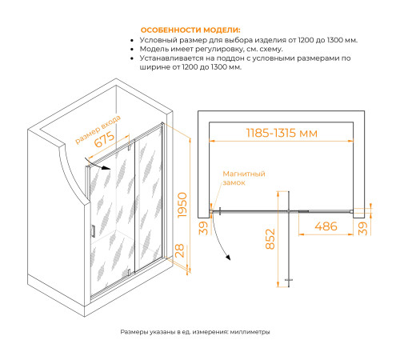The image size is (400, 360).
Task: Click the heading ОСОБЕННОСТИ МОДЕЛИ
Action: [x=190, y=30]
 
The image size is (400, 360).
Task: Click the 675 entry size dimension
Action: [x=105, y=139]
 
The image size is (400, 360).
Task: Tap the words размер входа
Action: [x=98, y=129]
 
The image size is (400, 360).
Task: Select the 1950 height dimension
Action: [x=182, y=205]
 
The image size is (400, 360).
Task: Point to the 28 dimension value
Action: [x=180, y=250]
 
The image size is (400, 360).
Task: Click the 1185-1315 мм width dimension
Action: [x=282, y=133]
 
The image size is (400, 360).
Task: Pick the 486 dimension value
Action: [x=326, y=226]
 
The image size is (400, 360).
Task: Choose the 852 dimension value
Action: [x=270, y=239]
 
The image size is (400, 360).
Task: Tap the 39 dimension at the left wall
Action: [x=204, y=228]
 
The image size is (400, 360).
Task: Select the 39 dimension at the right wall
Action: [x=362, y=229]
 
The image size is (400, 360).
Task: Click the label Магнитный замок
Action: [x=244, y=178]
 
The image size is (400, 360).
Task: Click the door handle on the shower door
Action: [x=93, y=231]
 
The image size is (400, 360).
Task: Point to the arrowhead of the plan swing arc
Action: [x=228, y=257]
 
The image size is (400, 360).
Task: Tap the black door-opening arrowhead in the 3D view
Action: [x=106, y=168]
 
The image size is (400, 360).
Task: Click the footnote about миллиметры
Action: [x=195, y=332]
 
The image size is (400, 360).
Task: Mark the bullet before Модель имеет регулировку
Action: [x=132, y=50]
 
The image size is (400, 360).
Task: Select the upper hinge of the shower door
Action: [x=129, y=147]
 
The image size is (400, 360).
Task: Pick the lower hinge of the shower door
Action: [x=129, y=272]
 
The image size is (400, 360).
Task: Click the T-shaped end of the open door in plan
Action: [x=289, y=280]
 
